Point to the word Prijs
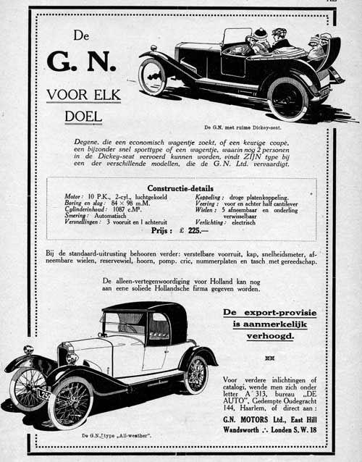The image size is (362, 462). click(161, 231)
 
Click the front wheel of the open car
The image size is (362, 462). click(153, 77)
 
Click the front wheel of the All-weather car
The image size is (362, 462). click(70, 402)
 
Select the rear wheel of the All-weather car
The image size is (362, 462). click(195, 374)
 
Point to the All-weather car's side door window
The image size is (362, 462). click(159, 327)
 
